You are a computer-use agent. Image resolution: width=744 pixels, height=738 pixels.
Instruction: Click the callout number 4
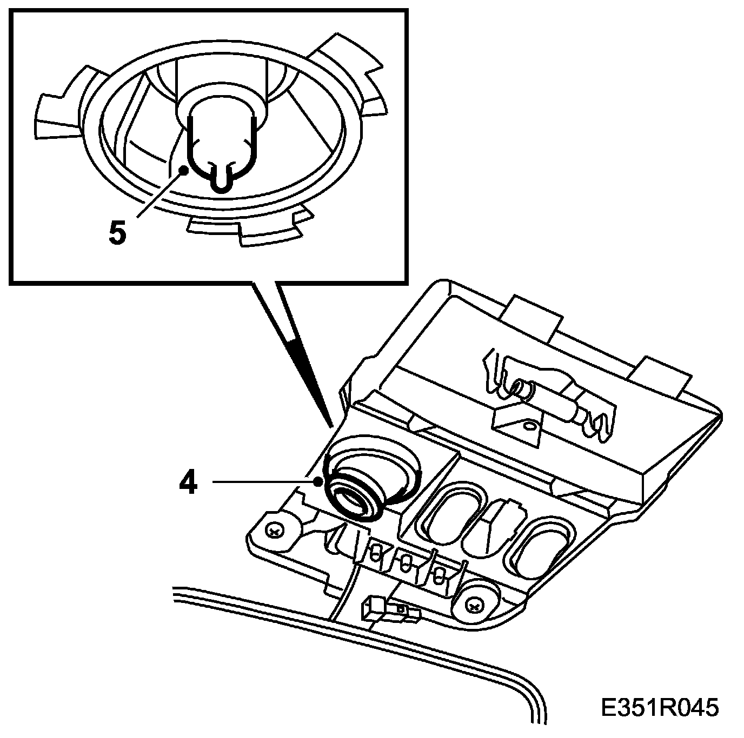point(188,482)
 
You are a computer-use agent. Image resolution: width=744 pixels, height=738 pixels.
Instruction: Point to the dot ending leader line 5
point(184,170)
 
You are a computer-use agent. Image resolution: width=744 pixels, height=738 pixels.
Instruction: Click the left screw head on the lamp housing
point(275,532)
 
